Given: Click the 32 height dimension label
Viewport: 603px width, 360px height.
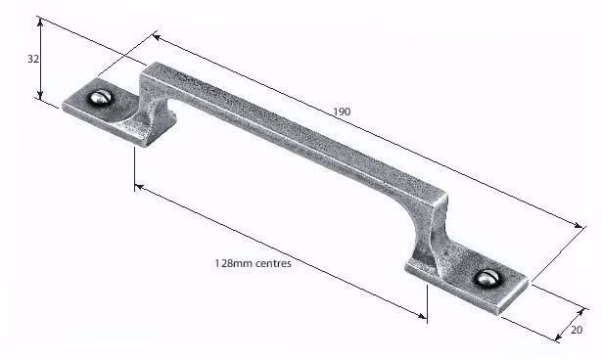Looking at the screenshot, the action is (x=33, y=59).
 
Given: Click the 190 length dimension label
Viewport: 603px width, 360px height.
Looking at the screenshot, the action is (x=342, y=112).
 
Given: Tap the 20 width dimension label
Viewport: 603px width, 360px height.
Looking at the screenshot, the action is (x=577, y=330).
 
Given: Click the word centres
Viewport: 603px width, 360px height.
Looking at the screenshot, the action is (x=273, y=263).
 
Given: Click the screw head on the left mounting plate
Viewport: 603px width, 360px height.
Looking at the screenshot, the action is (x=101, y=97).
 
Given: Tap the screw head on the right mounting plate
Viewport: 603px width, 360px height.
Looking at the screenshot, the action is (x=487, y=278).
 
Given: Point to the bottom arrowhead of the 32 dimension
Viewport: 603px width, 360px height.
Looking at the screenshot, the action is (x=40, y=95).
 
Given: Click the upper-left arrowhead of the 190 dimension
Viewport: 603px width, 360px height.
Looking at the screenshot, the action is (x=157, y=37).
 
